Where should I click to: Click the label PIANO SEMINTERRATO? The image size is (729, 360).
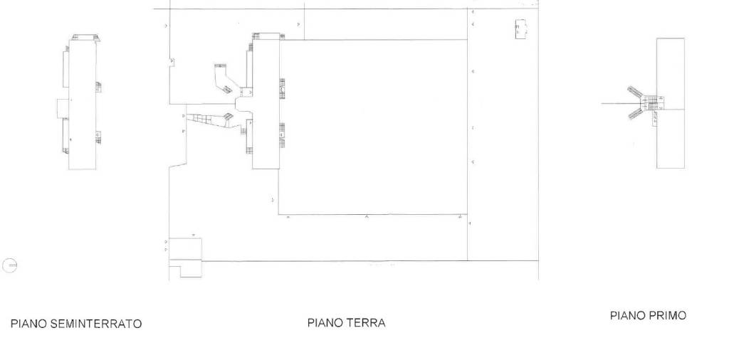pyautogui.click(x=75, y=324)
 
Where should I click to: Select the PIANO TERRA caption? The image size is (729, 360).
pyautogui.click(x=346, y=323)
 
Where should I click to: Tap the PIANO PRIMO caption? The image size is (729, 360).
pyautogui.click(x=648, y=315)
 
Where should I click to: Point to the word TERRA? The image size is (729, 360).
pyautogui.click(x=366, y=323)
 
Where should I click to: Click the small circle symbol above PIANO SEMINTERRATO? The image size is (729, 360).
pyautogui.click(x=10, y=266)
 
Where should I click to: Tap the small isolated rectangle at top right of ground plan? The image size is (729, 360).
pyautogui.click(x=521, y=30)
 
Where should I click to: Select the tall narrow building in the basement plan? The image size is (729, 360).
pyautogui.click(x=82, y=107)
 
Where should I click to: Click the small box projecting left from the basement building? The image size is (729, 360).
pyautogui.click(x=63, y=108)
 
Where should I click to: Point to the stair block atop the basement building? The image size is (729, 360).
pyautogui.click(x=85, y=38)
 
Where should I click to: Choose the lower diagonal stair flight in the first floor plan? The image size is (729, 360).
pyautogui.click(x=637, y=112)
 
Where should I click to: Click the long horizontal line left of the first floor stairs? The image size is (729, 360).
pyautogui.click(x=616, y=104)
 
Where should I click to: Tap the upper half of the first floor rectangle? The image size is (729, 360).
pyautogui.click(x=670, y=71)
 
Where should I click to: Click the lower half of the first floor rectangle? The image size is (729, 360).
pyautogui.click(x=670, y=139)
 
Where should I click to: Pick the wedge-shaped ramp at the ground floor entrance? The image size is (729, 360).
pyautogui.click(x=208, y=120)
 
